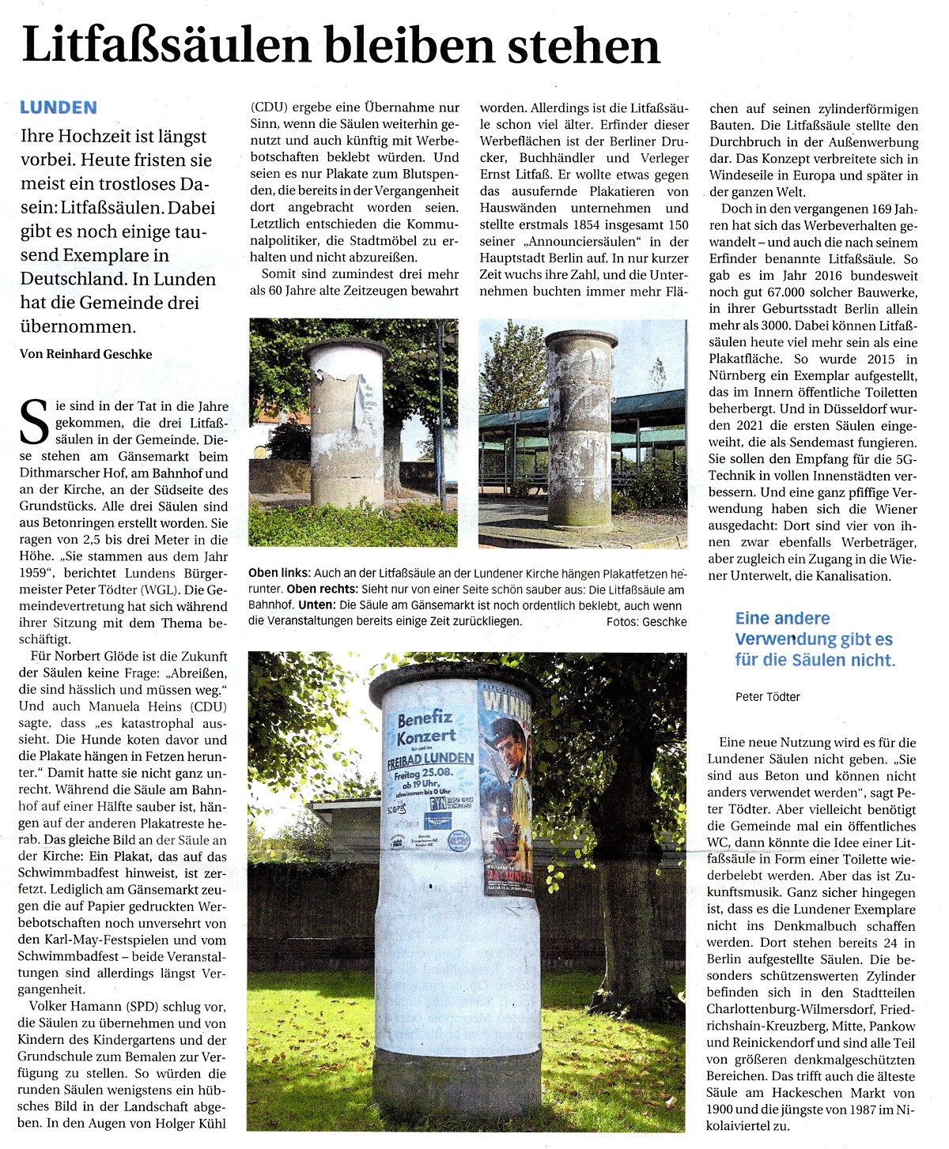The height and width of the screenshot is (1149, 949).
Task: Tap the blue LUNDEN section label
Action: pyautogui.click(x=59, y=108)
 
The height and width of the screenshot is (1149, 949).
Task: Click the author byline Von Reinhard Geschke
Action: pyautogui.click(x=85, y=354)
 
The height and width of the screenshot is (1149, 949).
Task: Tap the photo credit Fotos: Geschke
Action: pyautogui.click(x=646, y=622)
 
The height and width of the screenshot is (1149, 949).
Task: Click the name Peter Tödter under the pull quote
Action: pyautogui.click(x=767, y=697)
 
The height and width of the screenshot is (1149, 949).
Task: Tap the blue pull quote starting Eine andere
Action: pyautogui.click(x=815, y=639)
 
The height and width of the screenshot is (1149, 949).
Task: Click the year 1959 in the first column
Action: pyautogui.click(x=36, y=573)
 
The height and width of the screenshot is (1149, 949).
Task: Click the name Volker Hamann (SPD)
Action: pyautogui.click(x=88, y=1007)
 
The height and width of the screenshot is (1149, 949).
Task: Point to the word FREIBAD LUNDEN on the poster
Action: pyautogui.click(x=430, y=759)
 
